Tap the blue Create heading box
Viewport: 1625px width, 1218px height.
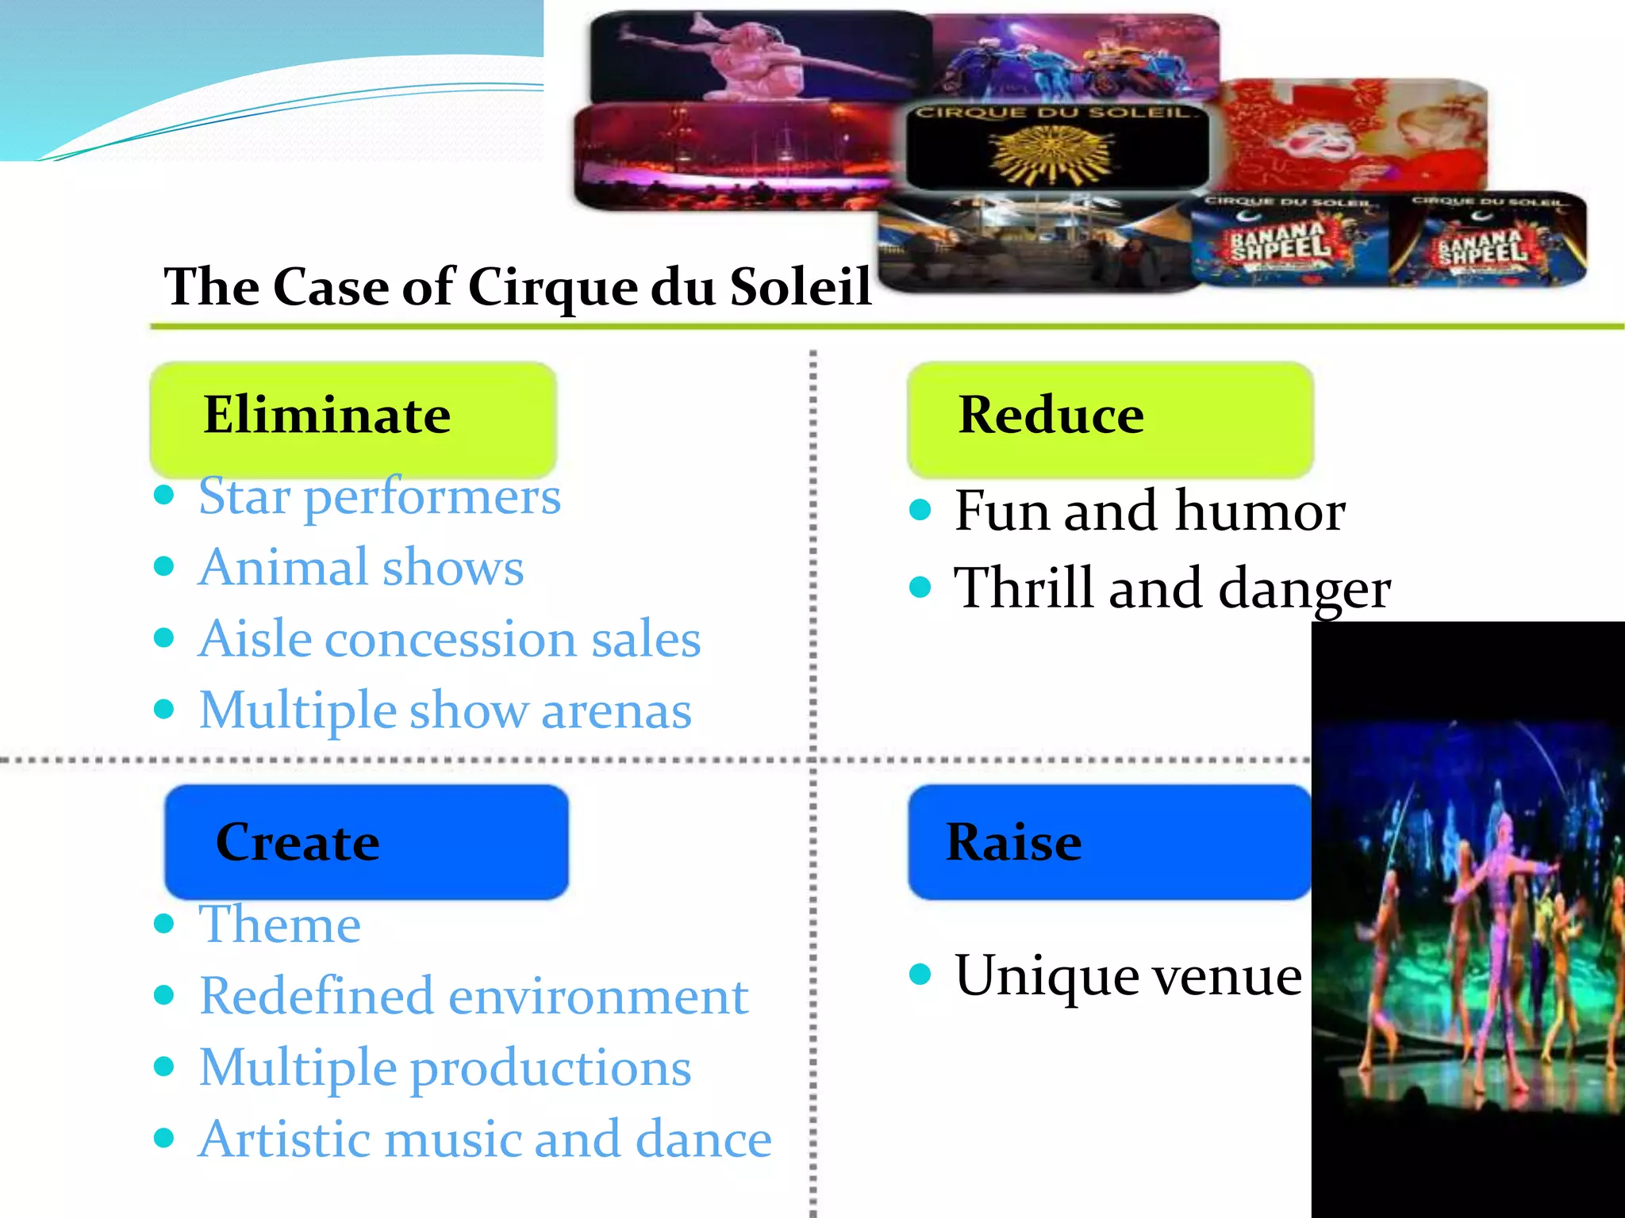point(366,841)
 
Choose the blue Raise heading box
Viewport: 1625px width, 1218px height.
point(1108,841)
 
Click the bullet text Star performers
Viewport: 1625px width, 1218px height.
point(379,497)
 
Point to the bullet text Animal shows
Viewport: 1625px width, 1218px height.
point(361,568)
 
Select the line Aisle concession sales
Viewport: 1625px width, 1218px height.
point(449,639)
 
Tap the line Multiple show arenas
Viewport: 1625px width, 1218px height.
point(445,710)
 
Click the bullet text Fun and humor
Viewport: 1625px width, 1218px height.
point(1150,511)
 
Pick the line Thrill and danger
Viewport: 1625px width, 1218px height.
point(1172,588)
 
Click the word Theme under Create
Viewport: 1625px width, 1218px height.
point(279,925)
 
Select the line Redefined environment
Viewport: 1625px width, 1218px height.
point(474,996)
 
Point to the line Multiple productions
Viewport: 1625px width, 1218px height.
point(445,1068)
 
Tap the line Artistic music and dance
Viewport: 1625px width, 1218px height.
point(485,1139)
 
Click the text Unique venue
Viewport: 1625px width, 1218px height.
point(1128,976)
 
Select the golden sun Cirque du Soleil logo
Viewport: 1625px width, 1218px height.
point(1053,151)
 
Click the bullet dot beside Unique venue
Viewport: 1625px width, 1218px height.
point(920,974)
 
